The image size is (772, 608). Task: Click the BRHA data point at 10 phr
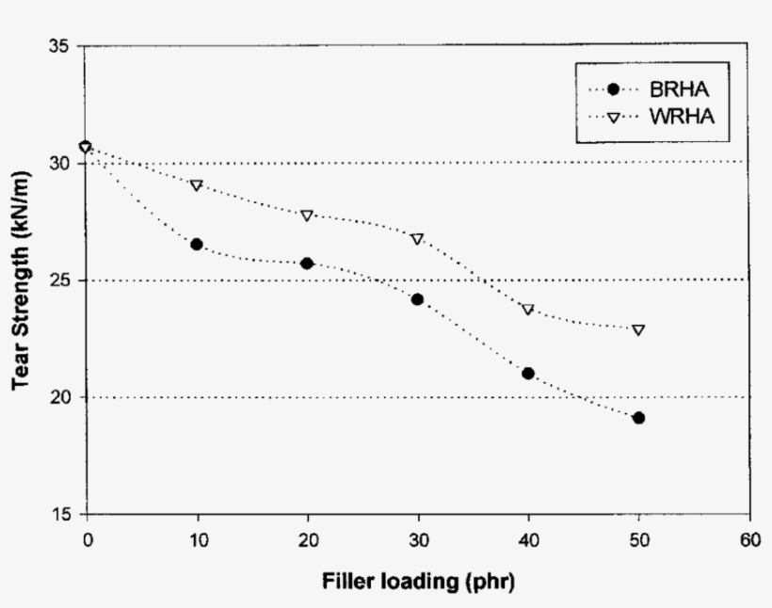point(197,244)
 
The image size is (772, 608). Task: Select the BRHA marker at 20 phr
point(307,263)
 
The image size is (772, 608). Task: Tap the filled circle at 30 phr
point(417,299)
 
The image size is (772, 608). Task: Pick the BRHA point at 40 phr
point(528,373)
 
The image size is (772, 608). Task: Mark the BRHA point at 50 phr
point(638,417)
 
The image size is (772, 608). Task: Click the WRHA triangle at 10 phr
point(197,185)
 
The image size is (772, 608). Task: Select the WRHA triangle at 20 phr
point(307,216)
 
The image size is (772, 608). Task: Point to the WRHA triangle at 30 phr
point(417,239)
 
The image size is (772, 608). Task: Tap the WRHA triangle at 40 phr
point(528,310)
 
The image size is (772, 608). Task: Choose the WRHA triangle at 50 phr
point(638,330)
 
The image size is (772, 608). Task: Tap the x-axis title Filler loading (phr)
point(417,580)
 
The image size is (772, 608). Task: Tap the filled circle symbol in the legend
point(614,89)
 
